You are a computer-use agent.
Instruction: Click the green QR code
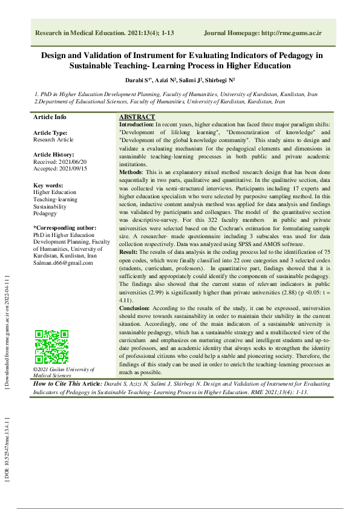click(x=51, y=346)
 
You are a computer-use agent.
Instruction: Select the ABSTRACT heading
click(x=137, y=117)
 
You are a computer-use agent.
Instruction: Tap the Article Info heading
click(x=50, y=117)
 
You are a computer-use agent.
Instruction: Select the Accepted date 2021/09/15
click(x=54, y=168)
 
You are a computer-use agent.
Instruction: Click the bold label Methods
click(x=131, y=172)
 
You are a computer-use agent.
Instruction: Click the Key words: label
click(x=48, y=185)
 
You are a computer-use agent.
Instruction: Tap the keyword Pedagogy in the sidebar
click(x=45, y=213)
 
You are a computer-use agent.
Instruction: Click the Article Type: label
click(x=50, y=132)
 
